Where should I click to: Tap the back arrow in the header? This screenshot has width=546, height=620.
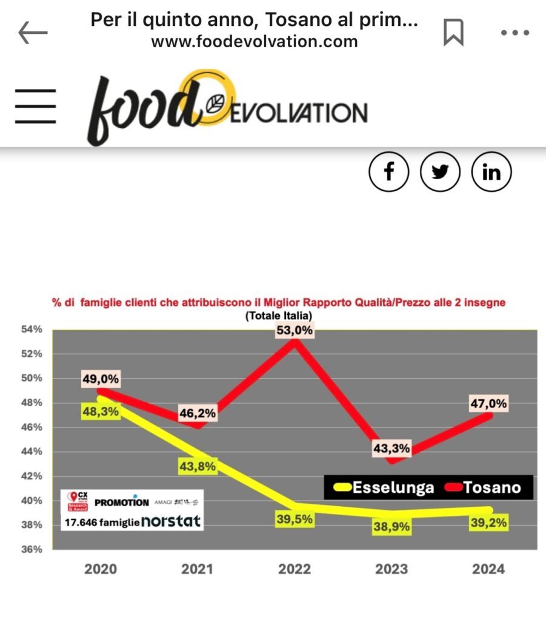pos(33,33)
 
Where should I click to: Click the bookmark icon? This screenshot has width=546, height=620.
pos(453,32)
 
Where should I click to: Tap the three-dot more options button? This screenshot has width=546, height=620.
pos(514,33)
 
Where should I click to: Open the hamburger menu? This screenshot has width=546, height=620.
pos(36,107)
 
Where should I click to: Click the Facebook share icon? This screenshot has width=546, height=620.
pos(389,172)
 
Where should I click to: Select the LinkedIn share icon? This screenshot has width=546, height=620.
pos(491,172)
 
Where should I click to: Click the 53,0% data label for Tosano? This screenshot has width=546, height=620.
pos(295,331)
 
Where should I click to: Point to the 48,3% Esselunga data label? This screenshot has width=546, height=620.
pos(101,411)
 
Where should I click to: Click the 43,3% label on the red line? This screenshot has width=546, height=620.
pos(391,449)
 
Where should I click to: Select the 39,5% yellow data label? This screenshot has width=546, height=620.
pos(295,519)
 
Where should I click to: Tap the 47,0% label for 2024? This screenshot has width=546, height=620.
pos(488,403)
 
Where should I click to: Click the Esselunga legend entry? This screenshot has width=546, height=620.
pos(384,487)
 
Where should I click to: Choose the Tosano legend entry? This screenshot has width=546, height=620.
pos(482,487)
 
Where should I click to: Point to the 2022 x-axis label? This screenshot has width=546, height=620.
pos(294,569)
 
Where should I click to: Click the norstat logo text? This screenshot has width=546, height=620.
pos(171,521)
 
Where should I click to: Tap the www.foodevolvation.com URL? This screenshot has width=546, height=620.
pos(254,41)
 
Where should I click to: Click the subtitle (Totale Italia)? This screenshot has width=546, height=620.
pos(279,316)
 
